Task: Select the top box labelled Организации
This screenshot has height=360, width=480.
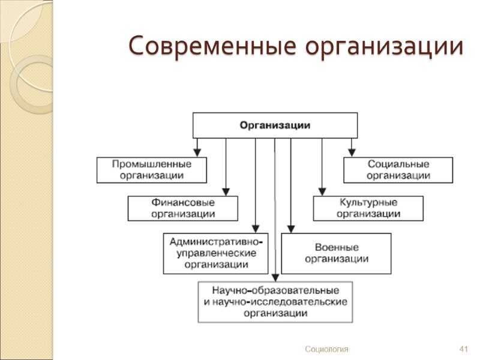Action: pyautogui.click(x=275, y=125)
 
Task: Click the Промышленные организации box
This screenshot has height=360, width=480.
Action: pyautogui.click(x=152, y=170)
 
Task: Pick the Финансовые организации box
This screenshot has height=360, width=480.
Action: pyautogui.click(x=183, y=208)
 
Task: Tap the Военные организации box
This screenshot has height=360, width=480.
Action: pyautogui.click(x=336, y=253)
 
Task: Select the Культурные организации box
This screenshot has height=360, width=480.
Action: pyautogui.click(x=368, y=208)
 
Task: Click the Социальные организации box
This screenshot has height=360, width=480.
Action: pyautogui.click(x=398, y=170)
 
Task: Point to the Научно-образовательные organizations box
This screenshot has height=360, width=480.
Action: pyautogui.click(x=275, y=301)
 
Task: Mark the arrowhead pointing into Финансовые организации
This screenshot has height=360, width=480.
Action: pyautogui.click(x=226, y=191)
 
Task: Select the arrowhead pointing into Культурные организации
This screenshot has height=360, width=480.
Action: pyautogui.click(x=322, y=191)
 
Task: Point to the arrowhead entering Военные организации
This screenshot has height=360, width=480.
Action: pyautogui.click(x=291, y=229)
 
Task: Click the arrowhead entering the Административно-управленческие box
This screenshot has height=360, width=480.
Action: pyautogui.click(x=256, y=229)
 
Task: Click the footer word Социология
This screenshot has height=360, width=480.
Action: pyautogui.click(x=326, y=349)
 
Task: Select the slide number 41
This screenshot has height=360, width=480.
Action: pyautogui.click(x=463, y=349)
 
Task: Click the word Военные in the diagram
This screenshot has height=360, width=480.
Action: pyautogui.click(x=337, y=247)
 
